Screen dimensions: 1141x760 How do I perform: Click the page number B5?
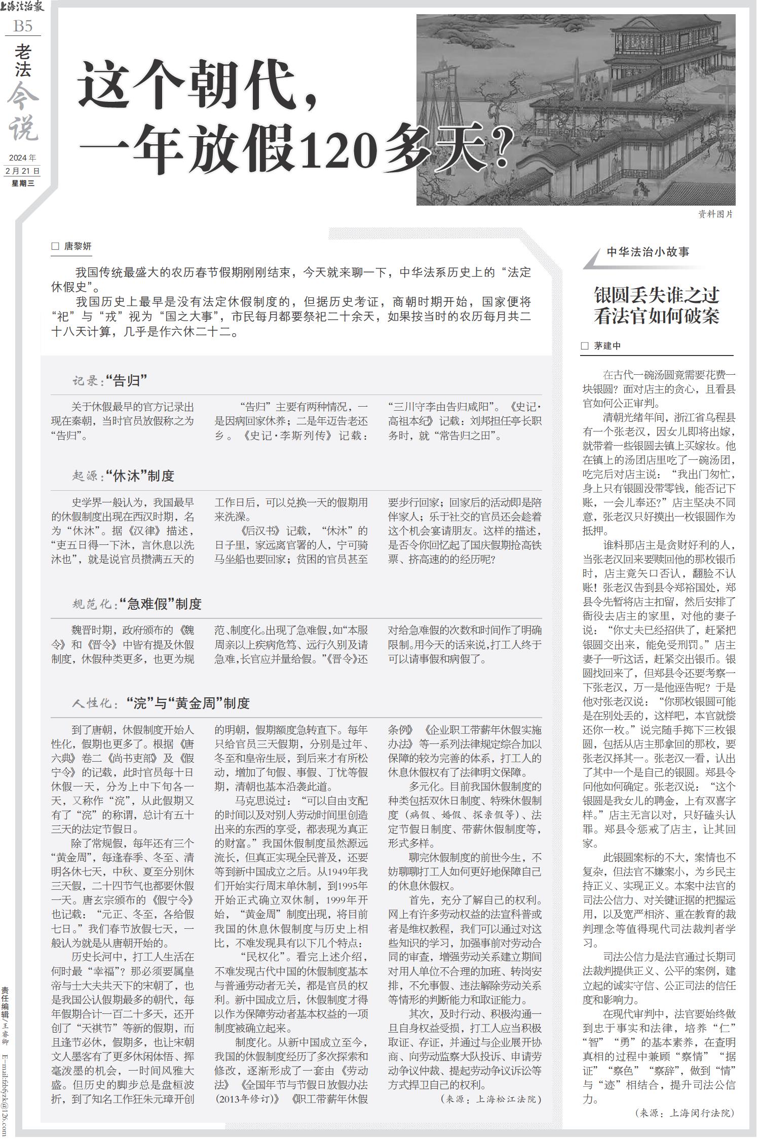(x=23, y=26)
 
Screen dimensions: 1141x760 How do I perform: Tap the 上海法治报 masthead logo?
(x=23, y=7)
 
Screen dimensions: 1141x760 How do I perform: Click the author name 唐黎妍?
(x=78, y=247)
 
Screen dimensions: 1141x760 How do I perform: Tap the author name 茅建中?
(x=607, y=346)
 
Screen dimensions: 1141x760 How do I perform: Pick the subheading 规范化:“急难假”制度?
(x=137, y=604)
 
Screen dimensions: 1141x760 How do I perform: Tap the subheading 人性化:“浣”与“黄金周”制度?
(x=161, y=703)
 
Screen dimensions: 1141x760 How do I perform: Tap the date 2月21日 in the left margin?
(x=23, y=171)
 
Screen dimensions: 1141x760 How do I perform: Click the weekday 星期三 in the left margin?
(x=23, y=183)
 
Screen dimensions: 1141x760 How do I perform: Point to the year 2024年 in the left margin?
(x=23, y=159)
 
